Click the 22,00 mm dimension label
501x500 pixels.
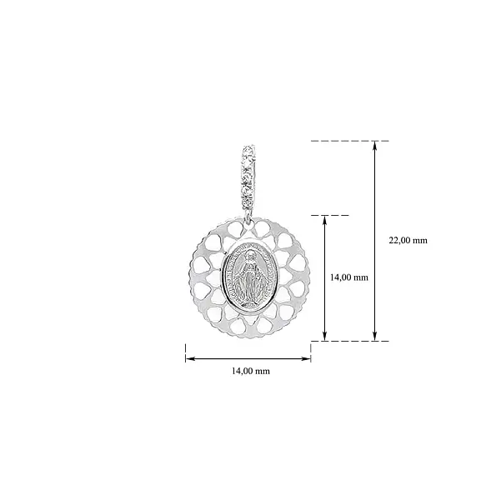pyautogui.click(x=408, y=240)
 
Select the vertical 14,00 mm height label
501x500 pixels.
pyautogui.click(x=349, y=277)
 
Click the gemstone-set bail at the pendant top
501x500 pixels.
pyautogui.click(x=248, y=177)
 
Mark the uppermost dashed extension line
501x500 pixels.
pyautogui.click(x=349, y=141)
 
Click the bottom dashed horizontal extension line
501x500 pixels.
pyautogui.click(x=349, y=341)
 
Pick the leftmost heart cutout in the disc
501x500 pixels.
pyautogui.click(x=198, y=277)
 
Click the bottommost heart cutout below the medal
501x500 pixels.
pyautogui.click(x=248, y=327)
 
